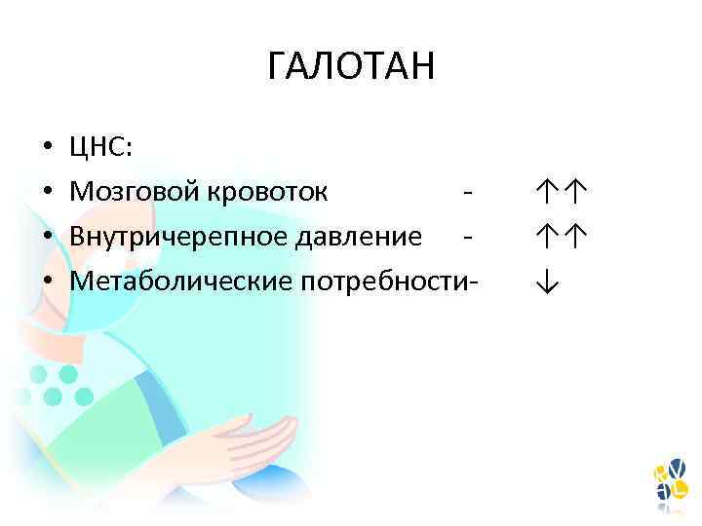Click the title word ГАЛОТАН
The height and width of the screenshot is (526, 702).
[x=351, y=68]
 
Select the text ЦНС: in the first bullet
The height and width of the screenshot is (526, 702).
[x=104, y=147]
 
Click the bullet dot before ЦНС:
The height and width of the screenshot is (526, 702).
[x=46, y=148]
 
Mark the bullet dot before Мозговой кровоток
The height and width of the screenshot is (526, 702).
[x=46, y=193]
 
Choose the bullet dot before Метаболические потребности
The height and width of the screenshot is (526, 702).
[x=46, y=282]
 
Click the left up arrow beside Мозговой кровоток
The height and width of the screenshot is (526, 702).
[x=547, y=192]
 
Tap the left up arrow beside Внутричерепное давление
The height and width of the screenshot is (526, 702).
[x=547, y=237]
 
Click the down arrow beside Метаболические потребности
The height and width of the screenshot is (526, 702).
[x=547, y=282]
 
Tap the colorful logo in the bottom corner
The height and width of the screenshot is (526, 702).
[x=670, y=482]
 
